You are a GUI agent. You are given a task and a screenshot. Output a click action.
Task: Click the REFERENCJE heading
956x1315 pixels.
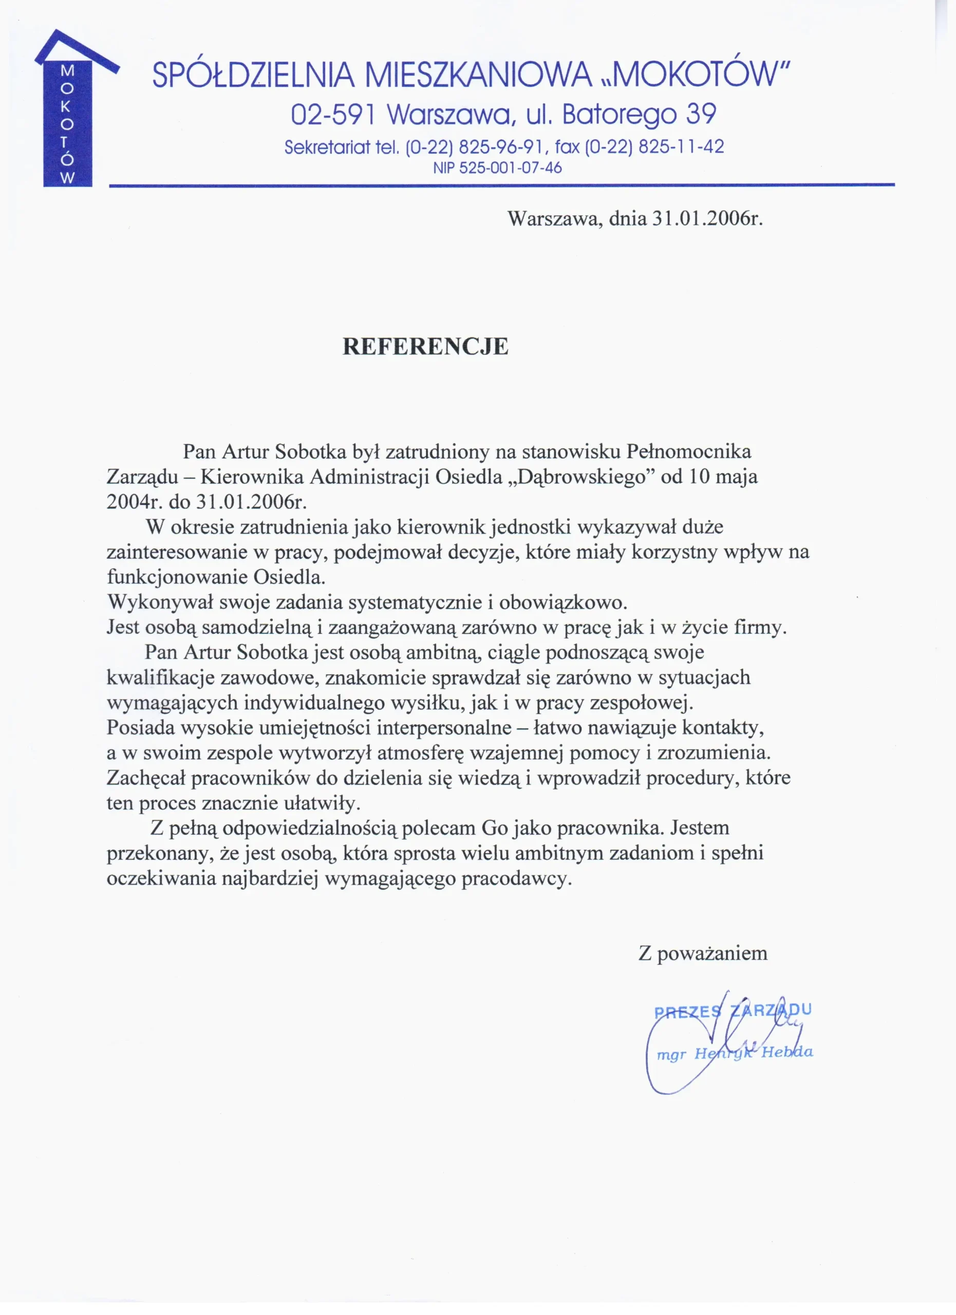(425, 346)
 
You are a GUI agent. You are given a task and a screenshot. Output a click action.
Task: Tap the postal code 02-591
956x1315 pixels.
(333, 114)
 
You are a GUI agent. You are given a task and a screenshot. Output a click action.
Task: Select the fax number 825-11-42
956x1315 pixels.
(681, 147)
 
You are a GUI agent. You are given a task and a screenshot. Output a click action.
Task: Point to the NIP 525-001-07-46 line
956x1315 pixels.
(497, 168)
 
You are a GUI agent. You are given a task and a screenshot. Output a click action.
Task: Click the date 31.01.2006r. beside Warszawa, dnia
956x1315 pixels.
(707, 218)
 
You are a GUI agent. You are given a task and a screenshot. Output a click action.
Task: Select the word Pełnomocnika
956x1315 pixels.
(689, 450)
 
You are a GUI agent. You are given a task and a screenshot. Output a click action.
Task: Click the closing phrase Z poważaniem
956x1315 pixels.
(703, 953)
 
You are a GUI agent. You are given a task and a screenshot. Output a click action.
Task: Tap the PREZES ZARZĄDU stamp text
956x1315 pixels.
(732, 1011)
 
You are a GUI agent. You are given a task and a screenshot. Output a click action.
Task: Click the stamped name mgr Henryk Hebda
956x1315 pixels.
(735, 1053)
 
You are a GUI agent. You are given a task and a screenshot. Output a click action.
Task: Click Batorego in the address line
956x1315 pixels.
(619, 114)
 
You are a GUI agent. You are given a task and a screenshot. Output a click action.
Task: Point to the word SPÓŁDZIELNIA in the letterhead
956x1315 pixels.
(253, 76)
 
